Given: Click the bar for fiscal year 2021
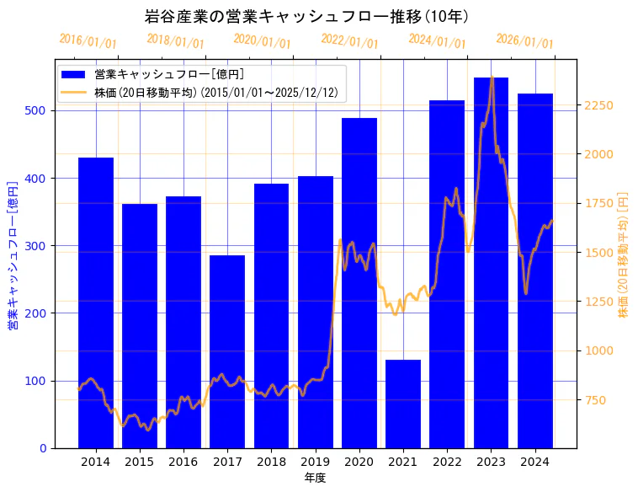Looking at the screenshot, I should click(403, 404).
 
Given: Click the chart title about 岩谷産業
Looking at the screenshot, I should click(306, 16).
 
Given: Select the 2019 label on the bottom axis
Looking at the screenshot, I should click(315, 462).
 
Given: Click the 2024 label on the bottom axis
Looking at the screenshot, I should click(534, 462).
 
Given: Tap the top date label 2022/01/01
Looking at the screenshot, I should click(349, 41).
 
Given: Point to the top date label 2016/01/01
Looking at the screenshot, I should click(88, 41).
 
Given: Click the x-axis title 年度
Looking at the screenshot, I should click(315, 478).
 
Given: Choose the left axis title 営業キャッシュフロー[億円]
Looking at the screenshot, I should click(13, 254).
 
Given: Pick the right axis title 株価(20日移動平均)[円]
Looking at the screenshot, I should click(624, 254).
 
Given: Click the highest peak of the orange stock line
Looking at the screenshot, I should click(492, 78).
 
